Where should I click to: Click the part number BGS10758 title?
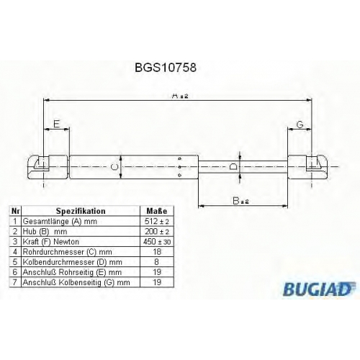pos(166,68)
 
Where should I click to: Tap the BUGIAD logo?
pos(319,289)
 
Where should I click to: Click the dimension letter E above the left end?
pos(56,124)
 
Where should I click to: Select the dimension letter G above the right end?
pos(300,125)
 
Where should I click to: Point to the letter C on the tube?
pos(115,167)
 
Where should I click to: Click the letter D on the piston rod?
pos(233,166)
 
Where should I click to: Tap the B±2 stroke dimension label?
pos(240,201)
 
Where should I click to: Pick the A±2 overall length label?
pos(180,96)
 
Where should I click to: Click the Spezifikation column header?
pos(81,211)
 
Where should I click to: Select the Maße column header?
pos(157,211)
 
